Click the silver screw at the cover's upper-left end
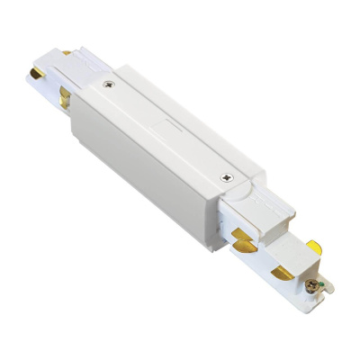tap(109, 87)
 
